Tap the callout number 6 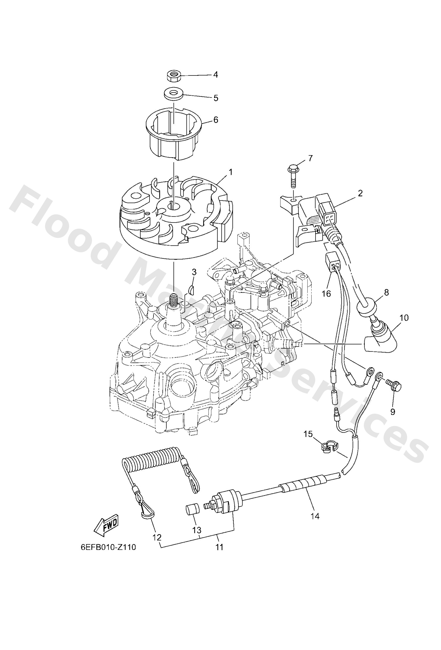coord(216,120)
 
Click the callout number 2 coord(360,193)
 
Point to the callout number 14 coord(315,516)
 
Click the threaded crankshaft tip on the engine coord(174,298)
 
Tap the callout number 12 coord(157,537)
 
